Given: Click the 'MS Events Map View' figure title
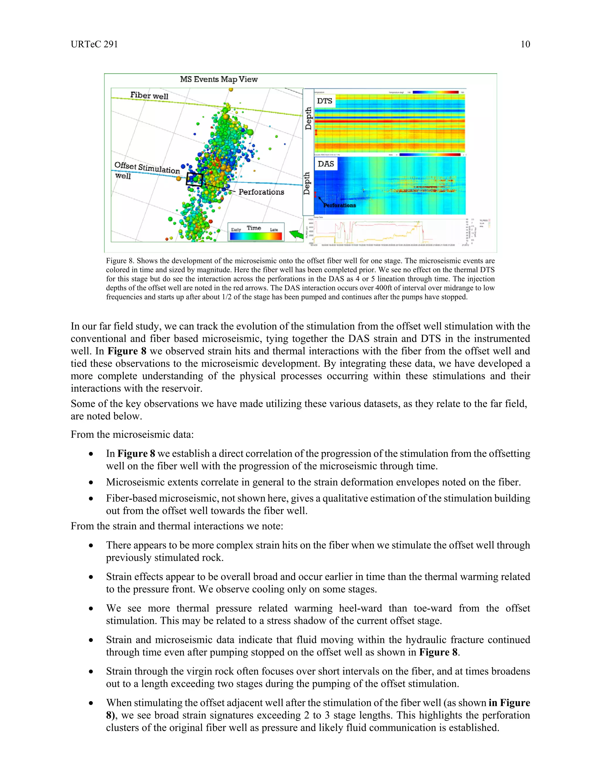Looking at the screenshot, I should coord(219,79).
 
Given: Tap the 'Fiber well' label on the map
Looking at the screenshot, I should coord(149,95).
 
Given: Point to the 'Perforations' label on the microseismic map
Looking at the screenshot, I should coord(261,192).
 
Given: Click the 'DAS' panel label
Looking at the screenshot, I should coord(325,164).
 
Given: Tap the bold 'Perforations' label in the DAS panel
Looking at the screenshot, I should coord(339,205).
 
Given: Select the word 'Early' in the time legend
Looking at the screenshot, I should coord(236,230).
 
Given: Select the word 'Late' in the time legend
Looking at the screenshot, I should coord(274,230).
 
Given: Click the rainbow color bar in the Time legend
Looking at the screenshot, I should coord(256,236).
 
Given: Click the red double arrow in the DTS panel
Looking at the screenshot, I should coord(316,133).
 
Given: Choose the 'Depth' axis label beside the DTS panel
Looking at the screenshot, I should coord(308,118).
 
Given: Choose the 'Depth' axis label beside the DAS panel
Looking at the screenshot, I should coord(307,183).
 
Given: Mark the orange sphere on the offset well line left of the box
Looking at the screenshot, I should coord(179,178).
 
